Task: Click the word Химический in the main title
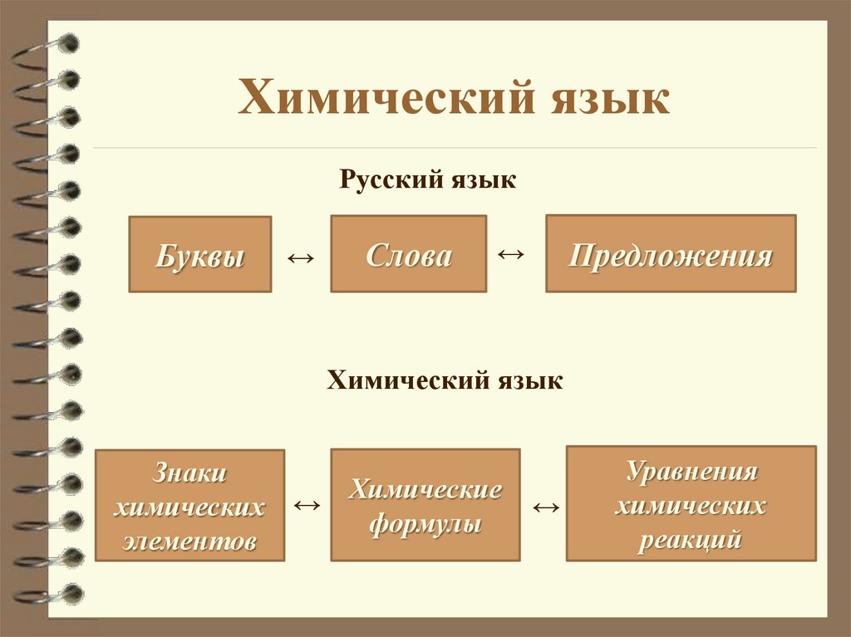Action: (x=382, y=99)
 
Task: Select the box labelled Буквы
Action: (x=199, y=254)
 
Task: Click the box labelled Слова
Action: (x=408, y=254)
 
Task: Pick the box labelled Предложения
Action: (x=670, y=254)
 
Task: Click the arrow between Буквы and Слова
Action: (x=300, y=258)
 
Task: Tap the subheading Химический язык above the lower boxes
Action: (x=445, y=380)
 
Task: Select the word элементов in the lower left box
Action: (x=189, y=541)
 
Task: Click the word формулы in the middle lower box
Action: (x=425, y=524)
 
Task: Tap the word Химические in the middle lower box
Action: (x=425, y=488)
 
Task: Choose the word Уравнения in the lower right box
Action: (x=691, y=472)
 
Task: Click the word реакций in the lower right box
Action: (x=691, y=540)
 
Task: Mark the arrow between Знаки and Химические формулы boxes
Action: (x=307, y=504)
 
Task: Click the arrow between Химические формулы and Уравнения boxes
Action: (x=545, y=507)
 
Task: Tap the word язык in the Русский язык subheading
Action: (x=480, y=179)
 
